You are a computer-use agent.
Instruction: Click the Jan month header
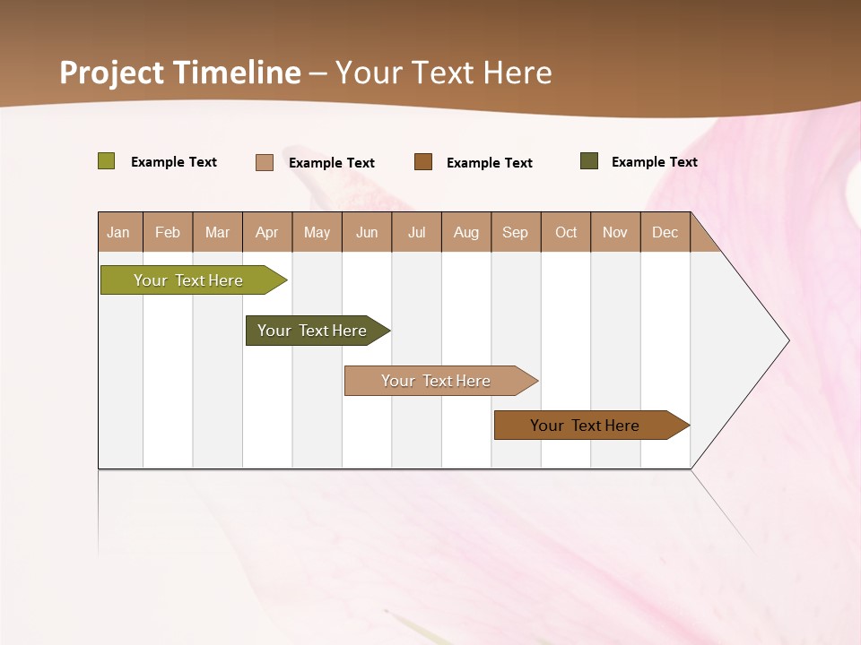click(119, 233)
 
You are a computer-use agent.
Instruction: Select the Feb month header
click(168, 233)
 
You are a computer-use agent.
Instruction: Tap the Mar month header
click(217, 233)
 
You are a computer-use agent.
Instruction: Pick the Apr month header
click(267, 233)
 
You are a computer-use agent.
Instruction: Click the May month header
click(317, 233)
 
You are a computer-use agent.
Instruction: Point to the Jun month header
click(367, 233)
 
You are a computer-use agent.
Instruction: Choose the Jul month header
click(416, 233)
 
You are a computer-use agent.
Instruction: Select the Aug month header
click(466, 233)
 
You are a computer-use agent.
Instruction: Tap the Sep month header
click(516, 233)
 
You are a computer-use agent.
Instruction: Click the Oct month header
click(566, 233)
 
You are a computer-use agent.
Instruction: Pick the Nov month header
click(615, 233)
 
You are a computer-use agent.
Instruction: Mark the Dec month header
click(665, 233)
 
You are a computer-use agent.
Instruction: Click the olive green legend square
click(107, 161)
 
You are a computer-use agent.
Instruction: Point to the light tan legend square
click(265, 162)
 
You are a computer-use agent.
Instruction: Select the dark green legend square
click(589, 161)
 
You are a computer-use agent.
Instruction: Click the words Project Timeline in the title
click(180, 73)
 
